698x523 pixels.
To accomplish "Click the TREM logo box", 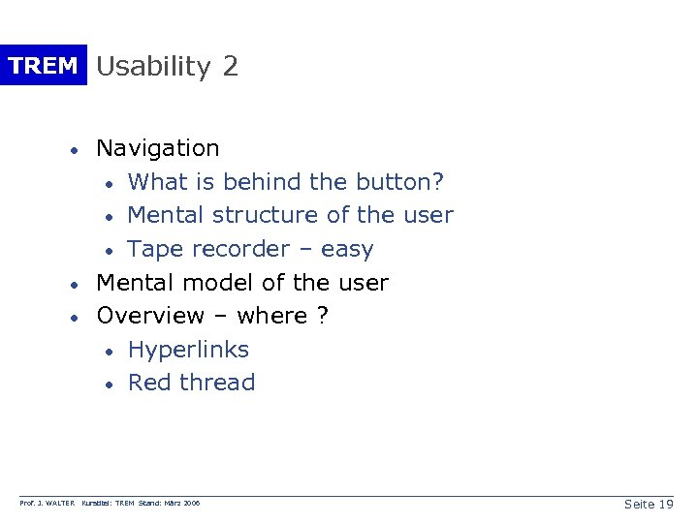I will [x=43, y=66].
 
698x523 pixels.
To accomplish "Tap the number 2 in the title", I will [x=230, y=67].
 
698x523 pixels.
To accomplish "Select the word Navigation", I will [x=158, y=149].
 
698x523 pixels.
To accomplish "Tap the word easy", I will [x=347, y=250].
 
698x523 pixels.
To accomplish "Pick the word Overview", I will [x=151, y=317].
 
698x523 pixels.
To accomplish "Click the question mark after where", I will [x=322, y=317].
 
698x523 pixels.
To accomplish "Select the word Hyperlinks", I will [x=188, y=350].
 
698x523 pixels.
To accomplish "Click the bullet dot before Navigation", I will [x=73, y=151].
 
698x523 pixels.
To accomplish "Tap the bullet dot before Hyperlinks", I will [x=111, y=352].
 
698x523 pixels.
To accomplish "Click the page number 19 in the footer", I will [x=664, y=505].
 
